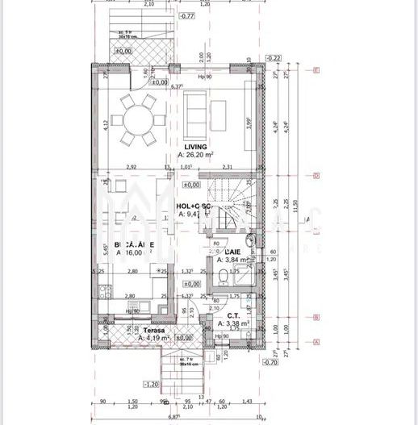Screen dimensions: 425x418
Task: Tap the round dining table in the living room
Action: tap(134, 121)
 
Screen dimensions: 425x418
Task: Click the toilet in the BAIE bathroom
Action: tap(223, 280)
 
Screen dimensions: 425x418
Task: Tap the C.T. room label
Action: tap(233, 316)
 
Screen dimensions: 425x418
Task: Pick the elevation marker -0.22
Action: tap(273, 58)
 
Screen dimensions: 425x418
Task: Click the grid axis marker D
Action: tap(317, 175)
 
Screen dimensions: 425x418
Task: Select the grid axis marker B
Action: tap(317, 317)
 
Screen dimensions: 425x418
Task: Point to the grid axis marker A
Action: tap(317, 341)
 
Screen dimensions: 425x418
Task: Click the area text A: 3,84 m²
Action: tap(233, 260)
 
